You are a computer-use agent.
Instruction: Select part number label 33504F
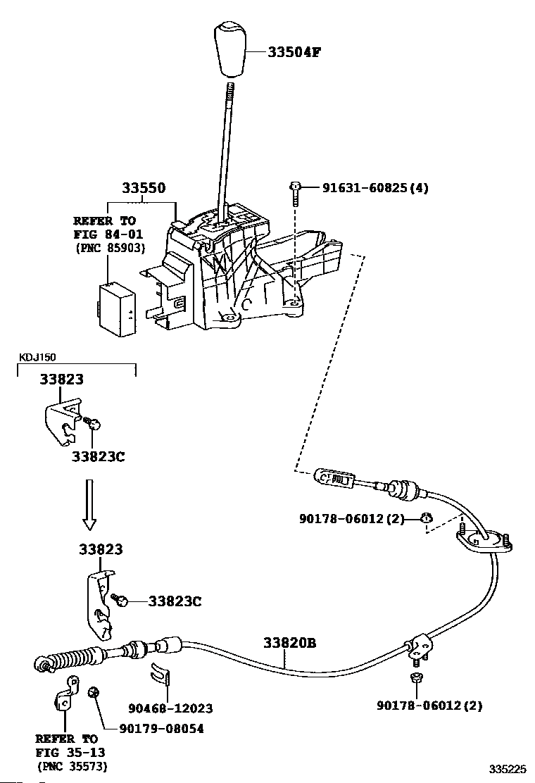[x=294, y=51]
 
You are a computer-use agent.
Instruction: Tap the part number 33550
[x=144, y=188]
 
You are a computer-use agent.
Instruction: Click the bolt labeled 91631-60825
[x=295, y=195]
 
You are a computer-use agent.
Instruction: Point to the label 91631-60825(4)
[x=375, y=188]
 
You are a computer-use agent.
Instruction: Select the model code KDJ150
[x=37, y=357]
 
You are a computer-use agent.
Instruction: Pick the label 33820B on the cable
[x=289, y=643]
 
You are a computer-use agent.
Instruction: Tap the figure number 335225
[x=507, y=770]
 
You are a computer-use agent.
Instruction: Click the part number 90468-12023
[x=170, y=708]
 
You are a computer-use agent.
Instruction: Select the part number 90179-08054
[x=162, y=729]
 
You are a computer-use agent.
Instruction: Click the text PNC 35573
[x=73, y=766]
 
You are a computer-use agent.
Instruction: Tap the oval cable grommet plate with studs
[x=484, y=541]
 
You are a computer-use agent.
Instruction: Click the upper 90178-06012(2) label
[x=352, y=518]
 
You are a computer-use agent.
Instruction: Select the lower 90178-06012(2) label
[x=429, y=706]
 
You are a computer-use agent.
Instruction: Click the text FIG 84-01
[x=108, y=234]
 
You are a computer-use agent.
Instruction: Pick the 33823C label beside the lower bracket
[x=175, y=601]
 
